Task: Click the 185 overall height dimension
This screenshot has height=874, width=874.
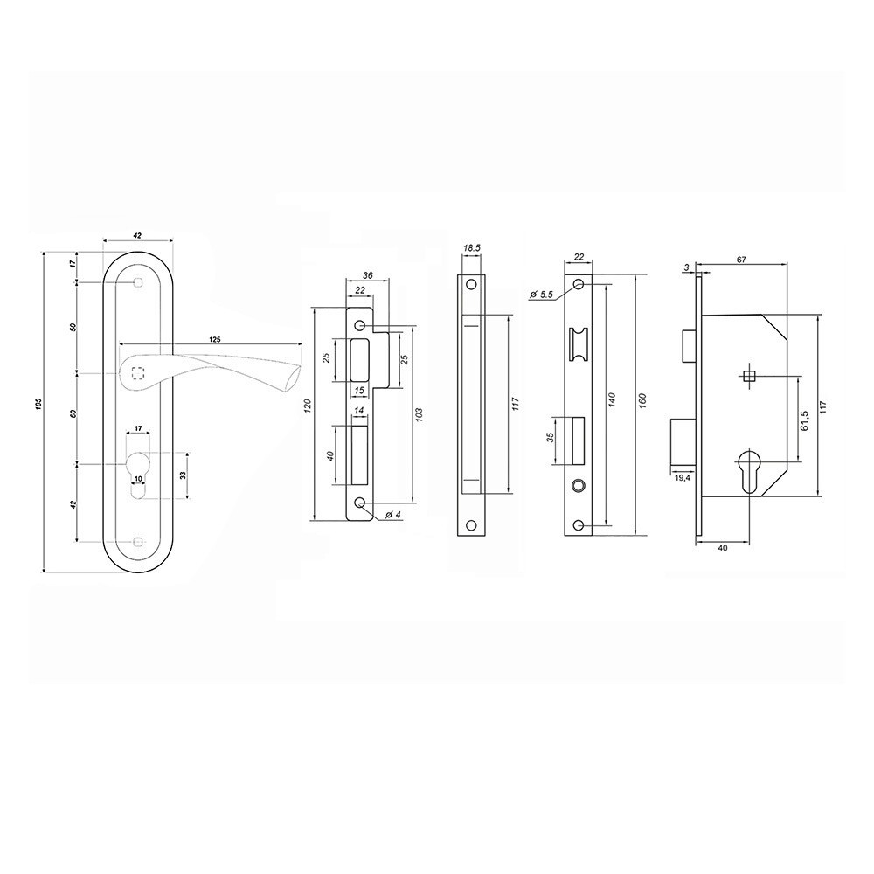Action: [x=38, y=403]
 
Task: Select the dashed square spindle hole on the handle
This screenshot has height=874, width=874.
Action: [x=137, y=373]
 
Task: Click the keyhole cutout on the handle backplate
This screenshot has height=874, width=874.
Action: [x=138, y=473]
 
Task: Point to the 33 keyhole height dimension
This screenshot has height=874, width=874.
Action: [x=183, y=475]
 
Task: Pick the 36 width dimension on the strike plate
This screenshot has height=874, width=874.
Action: [x=367, y=275]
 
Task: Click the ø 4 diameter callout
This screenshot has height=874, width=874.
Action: [x=393, y=515]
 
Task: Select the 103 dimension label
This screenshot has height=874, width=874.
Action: [x=420, y=413]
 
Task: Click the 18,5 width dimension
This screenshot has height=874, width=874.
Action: [x=472, y=248]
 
